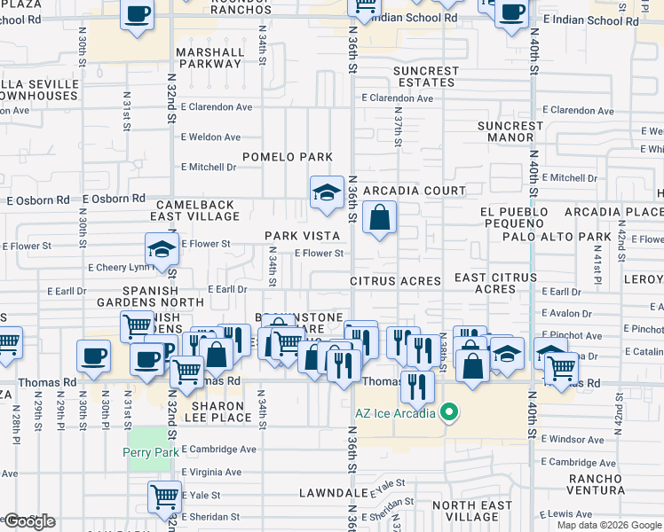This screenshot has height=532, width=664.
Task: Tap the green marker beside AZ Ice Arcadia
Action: click(449, 413)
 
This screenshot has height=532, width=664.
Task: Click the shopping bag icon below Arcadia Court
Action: click(379, 217)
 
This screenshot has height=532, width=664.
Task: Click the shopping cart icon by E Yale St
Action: click(163, 497)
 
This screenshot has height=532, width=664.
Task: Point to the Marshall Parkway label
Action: click(209, 59)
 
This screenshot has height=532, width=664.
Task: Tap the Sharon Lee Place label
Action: click(221, 411)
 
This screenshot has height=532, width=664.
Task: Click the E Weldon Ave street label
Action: click(210, 137)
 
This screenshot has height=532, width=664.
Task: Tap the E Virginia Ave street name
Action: click(211, 473)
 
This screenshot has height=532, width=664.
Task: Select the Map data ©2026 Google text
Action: click(609, 525)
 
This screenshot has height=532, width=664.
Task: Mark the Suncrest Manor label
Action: click(510, 132)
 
